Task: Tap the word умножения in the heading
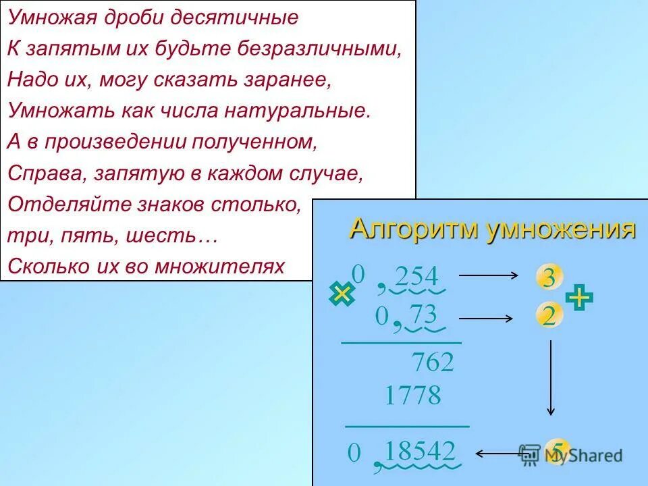(561, 230)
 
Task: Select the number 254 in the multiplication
(416, 277)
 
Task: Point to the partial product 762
(433, 363)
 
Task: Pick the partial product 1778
(412, 396)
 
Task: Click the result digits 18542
(421, 451)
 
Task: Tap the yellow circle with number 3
(549, 277)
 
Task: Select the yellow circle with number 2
(549, 315)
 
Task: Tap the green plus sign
(579, 297)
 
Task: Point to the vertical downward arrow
(551, 378)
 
